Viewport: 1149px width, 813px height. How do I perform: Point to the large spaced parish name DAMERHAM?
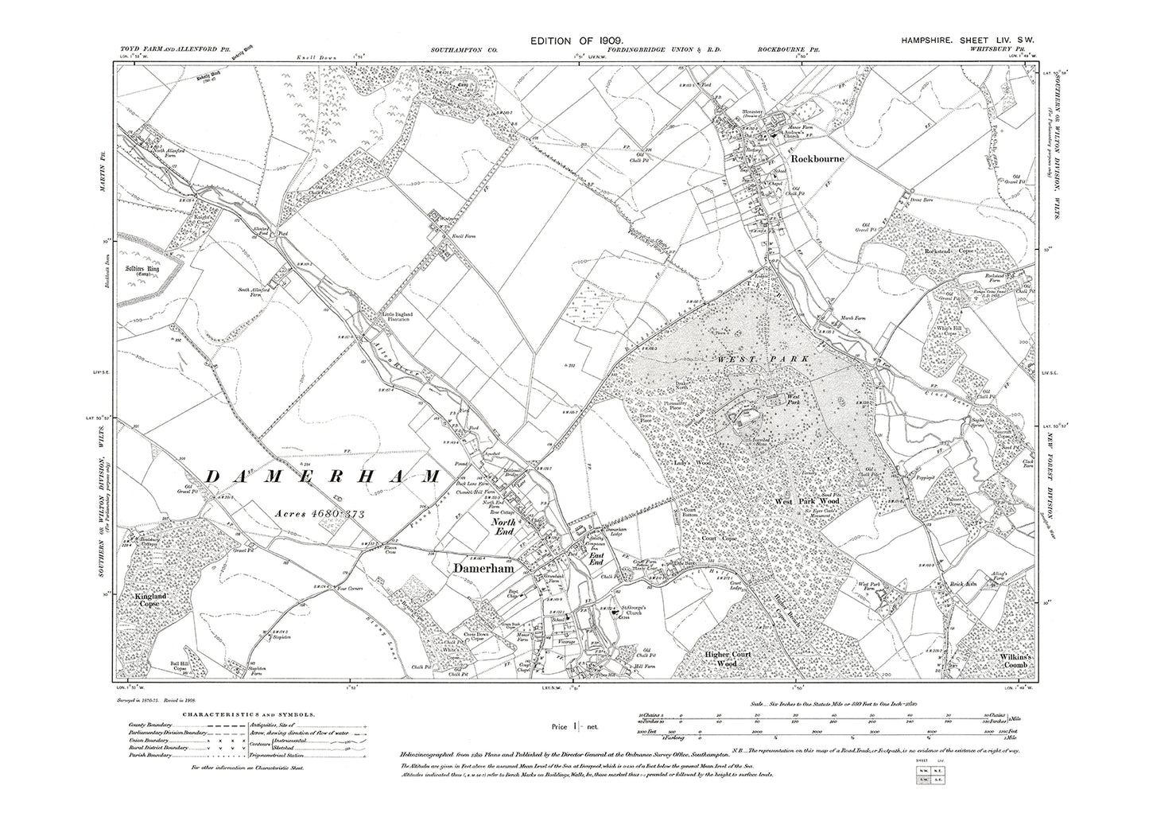[x=323, y=476]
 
